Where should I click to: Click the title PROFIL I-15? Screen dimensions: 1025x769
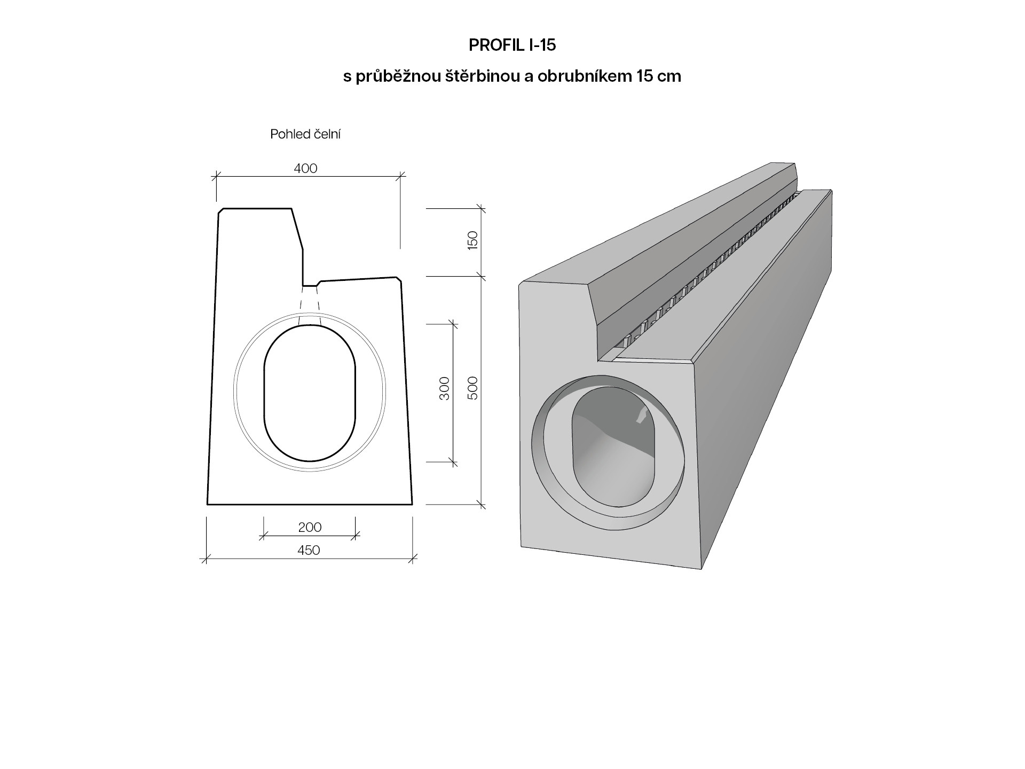(x=512, y=45)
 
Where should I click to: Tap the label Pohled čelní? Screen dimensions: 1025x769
(x=305, y=134)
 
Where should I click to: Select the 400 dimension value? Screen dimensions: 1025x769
(x=305, y=168)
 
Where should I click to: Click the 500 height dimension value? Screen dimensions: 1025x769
(x=472, y=388)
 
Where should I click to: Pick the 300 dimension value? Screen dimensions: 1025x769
(x=444, y=388)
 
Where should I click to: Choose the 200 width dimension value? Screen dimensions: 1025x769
(x=310, y=527)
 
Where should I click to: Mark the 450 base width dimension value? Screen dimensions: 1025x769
(x=309, y=550)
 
